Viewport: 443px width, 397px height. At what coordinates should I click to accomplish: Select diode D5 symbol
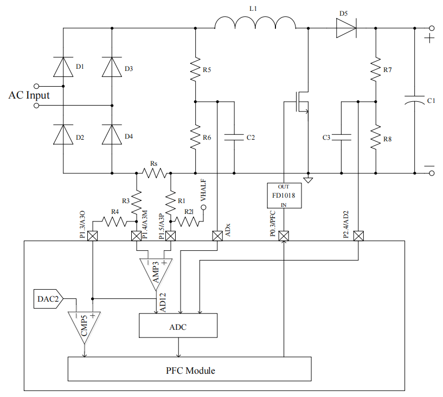coord(346,28)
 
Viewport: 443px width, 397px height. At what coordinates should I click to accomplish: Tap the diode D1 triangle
coord(63,67)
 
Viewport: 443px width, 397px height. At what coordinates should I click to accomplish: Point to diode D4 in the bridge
coord(112,135)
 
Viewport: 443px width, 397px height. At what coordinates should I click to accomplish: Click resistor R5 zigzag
coord(195,69)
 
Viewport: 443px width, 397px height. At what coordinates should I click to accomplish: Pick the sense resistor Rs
coord(154,173)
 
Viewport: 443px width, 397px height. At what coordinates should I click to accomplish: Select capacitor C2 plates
coord(234,138)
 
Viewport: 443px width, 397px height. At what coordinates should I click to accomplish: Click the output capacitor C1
coord(414,100)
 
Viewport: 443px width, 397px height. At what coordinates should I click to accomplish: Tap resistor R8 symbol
coord(375,138)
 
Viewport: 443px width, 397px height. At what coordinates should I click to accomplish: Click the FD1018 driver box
coord(284,196)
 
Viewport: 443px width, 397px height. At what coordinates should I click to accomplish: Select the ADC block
coord(178,326)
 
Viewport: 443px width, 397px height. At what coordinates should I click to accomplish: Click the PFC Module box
coord(190,369)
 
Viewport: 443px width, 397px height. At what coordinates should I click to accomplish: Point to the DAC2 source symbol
coord(48,299)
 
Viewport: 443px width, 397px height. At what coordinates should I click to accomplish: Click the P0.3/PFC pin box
coord(284,236)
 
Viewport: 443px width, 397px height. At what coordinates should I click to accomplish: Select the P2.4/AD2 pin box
coord(358,236)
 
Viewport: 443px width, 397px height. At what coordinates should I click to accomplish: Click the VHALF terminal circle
coord(203,207)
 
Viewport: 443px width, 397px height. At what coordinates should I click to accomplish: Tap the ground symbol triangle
coord(308,180)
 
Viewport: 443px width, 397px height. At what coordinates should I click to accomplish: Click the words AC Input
coord(29,95)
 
